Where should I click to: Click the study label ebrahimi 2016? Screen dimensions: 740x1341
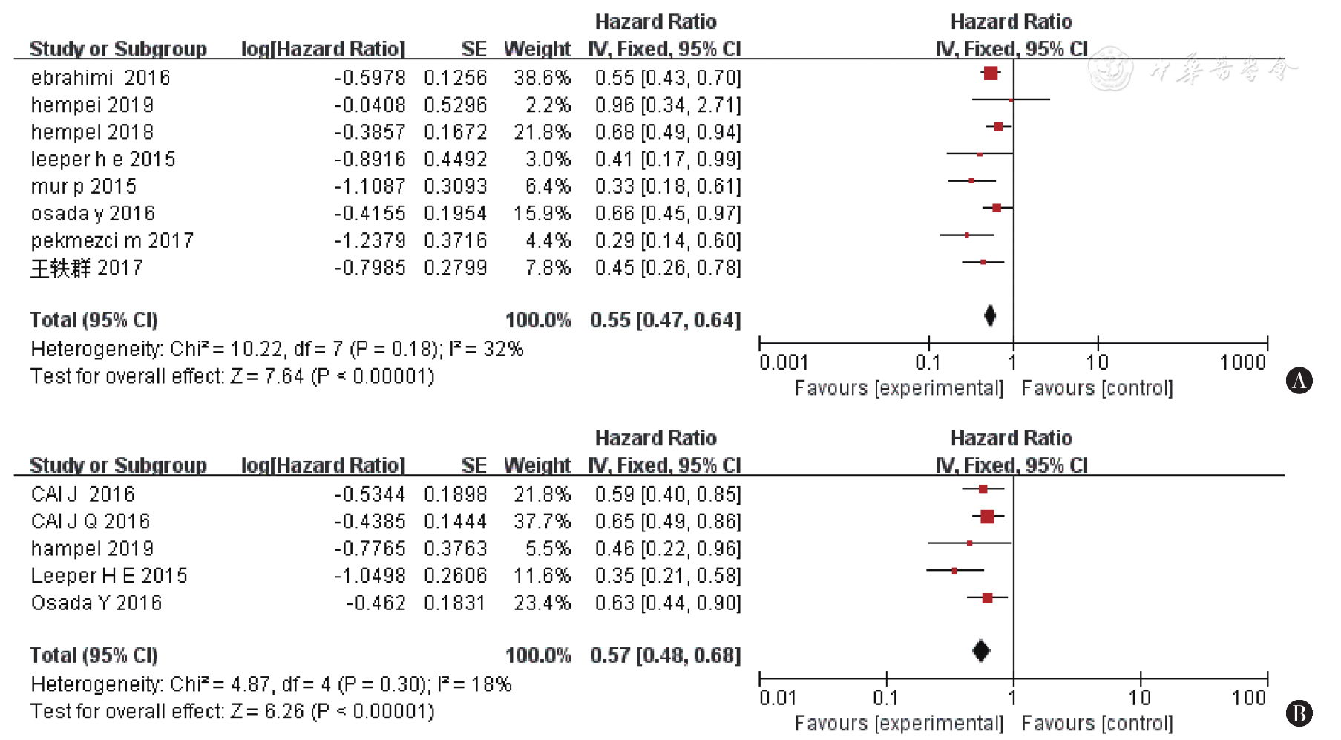[100, 78]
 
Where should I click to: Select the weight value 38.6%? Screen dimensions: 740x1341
[542, 78]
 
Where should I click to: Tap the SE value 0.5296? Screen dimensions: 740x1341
[455, 105]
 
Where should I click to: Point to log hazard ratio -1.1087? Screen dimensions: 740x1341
[370, 186]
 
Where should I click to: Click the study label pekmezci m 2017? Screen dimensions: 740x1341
[112, 240]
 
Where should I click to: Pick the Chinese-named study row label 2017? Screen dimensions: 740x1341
[86, 268]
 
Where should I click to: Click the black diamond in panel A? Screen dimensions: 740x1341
[990, 316]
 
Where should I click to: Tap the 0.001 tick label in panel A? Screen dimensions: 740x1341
[783, 362]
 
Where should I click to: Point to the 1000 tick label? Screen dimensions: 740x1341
[1242, 362]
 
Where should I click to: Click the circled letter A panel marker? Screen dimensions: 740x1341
[1299, 381]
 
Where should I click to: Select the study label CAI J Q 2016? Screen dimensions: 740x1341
[91, 522]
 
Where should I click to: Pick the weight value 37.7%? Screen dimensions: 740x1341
[542, 522]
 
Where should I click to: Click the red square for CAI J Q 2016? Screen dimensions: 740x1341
[987, 517]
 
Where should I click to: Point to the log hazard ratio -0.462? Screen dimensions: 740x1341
[376, 603]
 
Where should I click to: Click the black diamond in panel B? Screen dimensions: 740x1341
[981, 651]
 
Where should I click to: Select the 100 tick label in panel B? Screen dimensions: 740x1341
[1248, 698]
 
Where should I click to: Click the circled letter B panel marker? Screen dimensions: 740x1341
[1299, 714]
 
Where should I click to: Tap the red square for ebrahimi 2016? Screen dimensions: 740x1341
[991, 73]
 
